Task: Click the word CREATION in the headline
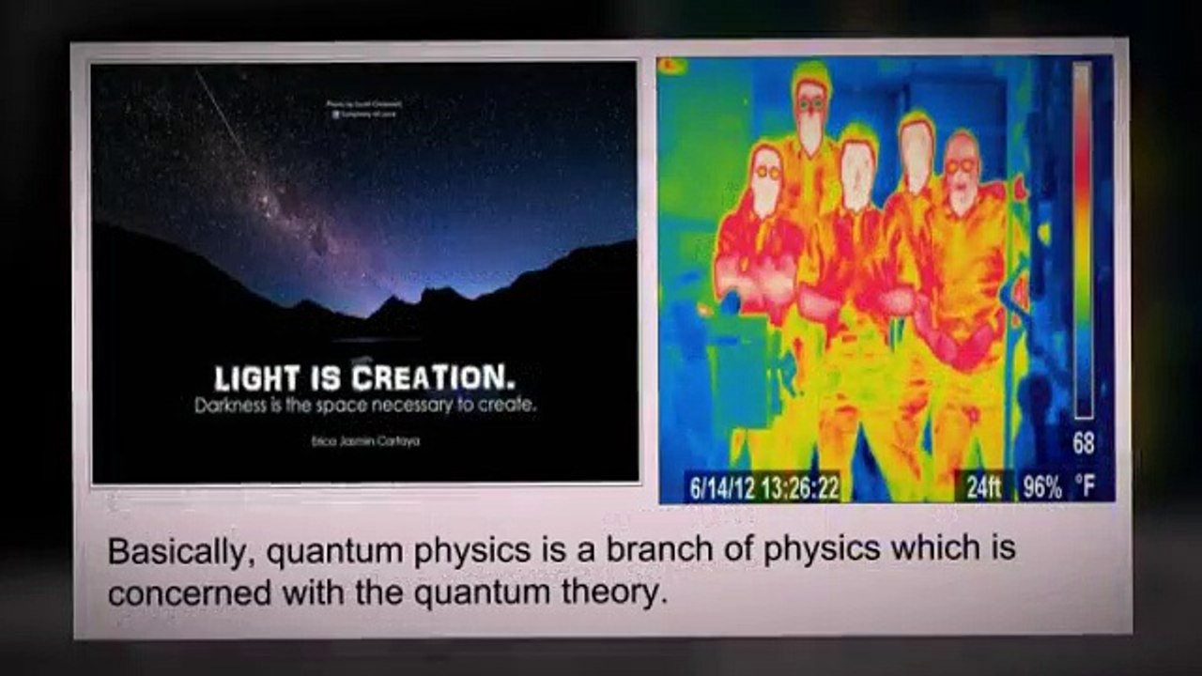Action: coord(433,379)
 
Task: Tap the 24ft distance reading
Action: coord(983,487)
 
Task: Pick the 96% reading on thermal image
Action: coord(1042,487)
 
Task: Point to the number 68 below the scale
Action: coord(1083,444)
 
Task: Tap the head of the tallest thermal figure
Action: coord(809,103)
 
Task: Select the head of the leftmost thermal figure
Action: coord(767,178)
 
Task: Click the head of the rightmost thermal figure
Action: coord(961,169)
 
